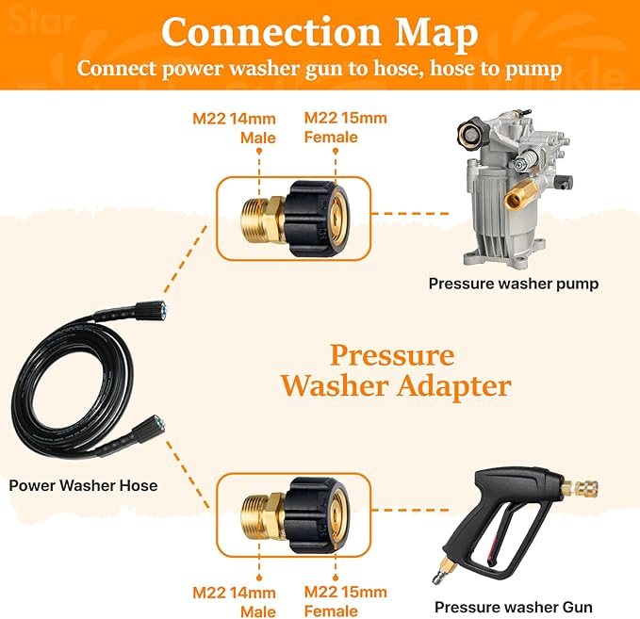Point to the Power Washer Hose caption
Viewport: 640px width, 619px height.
coord(83,485)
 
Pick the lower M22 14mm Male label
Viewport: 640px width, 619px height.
coord(235,601)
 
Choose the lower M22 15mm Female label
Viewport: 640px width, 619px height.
coord(345,601)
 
